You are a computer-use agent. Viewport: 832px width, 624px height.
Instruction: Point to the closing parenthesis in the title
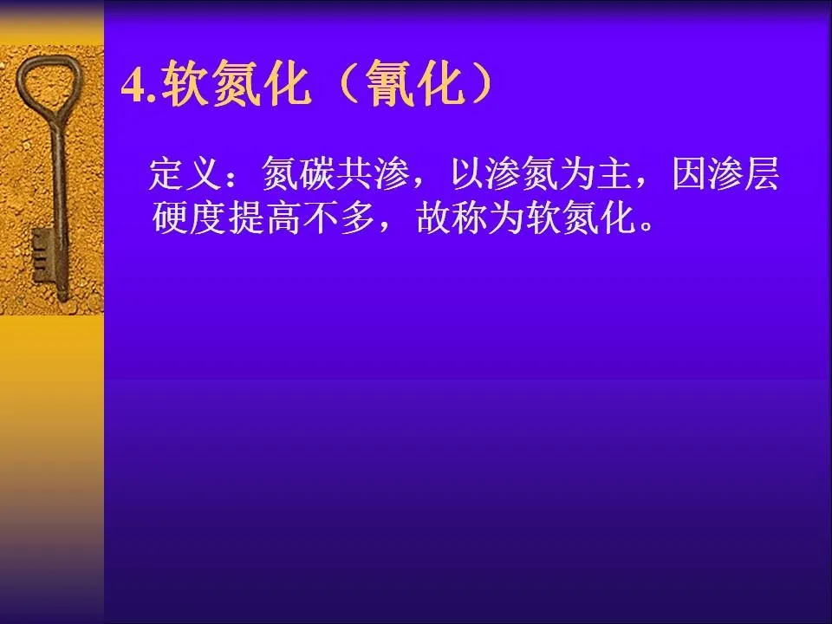(x=481, y=85)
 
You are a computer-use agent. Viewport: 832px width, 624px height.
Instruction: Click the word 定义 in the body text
(x=185, y=173)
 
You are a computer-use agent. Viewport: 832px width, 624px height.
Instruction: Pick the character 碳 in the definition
(x=318, y=173)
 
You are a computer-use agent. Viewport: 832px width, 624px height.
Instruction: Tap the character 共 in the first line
(x=355, y=173)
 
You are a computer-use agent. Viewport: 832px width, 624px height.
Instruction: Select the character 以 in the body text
(x=467, y=173)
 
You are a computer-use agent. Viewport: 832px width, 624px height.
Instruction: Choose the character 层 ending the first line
(x=763, y=173)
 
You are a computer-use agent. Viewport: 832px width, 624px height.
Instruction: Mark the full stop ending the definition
(x=647, y=226)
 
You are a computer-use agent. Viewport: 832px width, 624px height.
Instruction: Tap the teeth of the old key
(x=42, y=256)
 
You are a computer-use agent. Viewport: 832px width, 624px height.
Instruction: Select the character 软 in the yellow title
(x=184, y=84)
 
